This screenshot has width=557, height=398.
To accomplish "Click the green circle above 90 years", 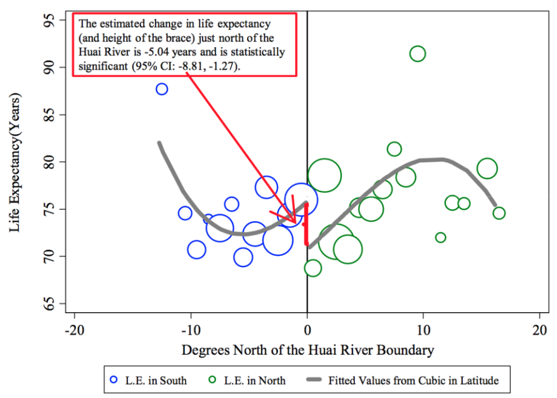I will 417,54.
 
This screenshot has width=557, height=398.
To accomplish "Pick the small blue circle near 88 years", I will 162,89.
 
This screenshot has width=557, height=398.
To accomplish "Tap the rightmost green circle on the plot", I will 499,213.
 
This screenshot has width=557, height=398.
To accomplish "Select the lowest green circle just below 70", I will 313,268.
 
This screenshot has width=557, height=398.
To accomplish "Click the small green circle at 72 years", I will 440,237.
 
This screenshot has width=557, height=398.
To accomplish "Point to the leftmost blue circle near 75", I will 185,213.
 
